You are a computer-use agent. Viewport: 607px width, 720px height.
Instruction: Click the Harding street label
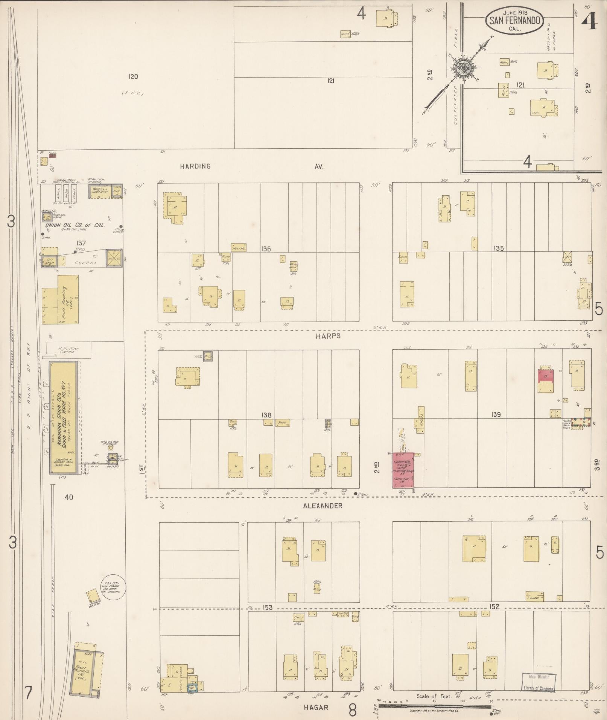[x=195, y=166]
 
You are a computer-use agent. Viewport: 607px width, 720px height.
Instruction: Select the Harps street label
[x=329, y=336]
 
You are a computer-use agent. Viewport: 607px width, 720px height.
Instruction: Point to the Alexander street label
[x=323, y=505]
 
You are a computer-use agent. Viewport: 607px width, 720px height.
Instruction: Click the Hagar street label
[x=316, y=707]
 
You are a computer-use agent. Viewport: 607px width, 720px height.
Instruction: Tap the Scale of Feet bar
[x=435, y=706]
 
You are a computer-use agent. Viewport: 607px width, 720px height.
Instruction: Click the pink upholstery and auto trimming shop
[x=403, y=470]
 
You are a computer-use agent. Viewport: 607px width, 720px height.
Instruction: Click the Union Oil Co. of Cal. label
[x=75, y=225]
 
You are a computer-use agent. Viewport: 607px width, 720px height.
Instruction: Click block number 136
[x=266, y=249]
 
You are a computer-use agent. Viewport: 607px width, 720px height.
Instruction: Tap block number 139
[x=496, y=414]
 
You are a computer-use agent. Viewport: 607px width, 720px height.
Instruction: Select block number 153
[x=268, y=607]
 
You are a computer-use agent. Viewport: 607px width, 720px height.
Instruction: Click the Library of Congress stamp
[x=539, y=682]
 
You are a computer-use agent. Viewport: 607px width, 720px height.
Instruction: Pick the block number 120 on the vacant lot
[x=133, y=77]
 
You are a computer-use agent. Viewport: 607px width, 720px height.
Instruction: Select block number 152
[x=494, y=606]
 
